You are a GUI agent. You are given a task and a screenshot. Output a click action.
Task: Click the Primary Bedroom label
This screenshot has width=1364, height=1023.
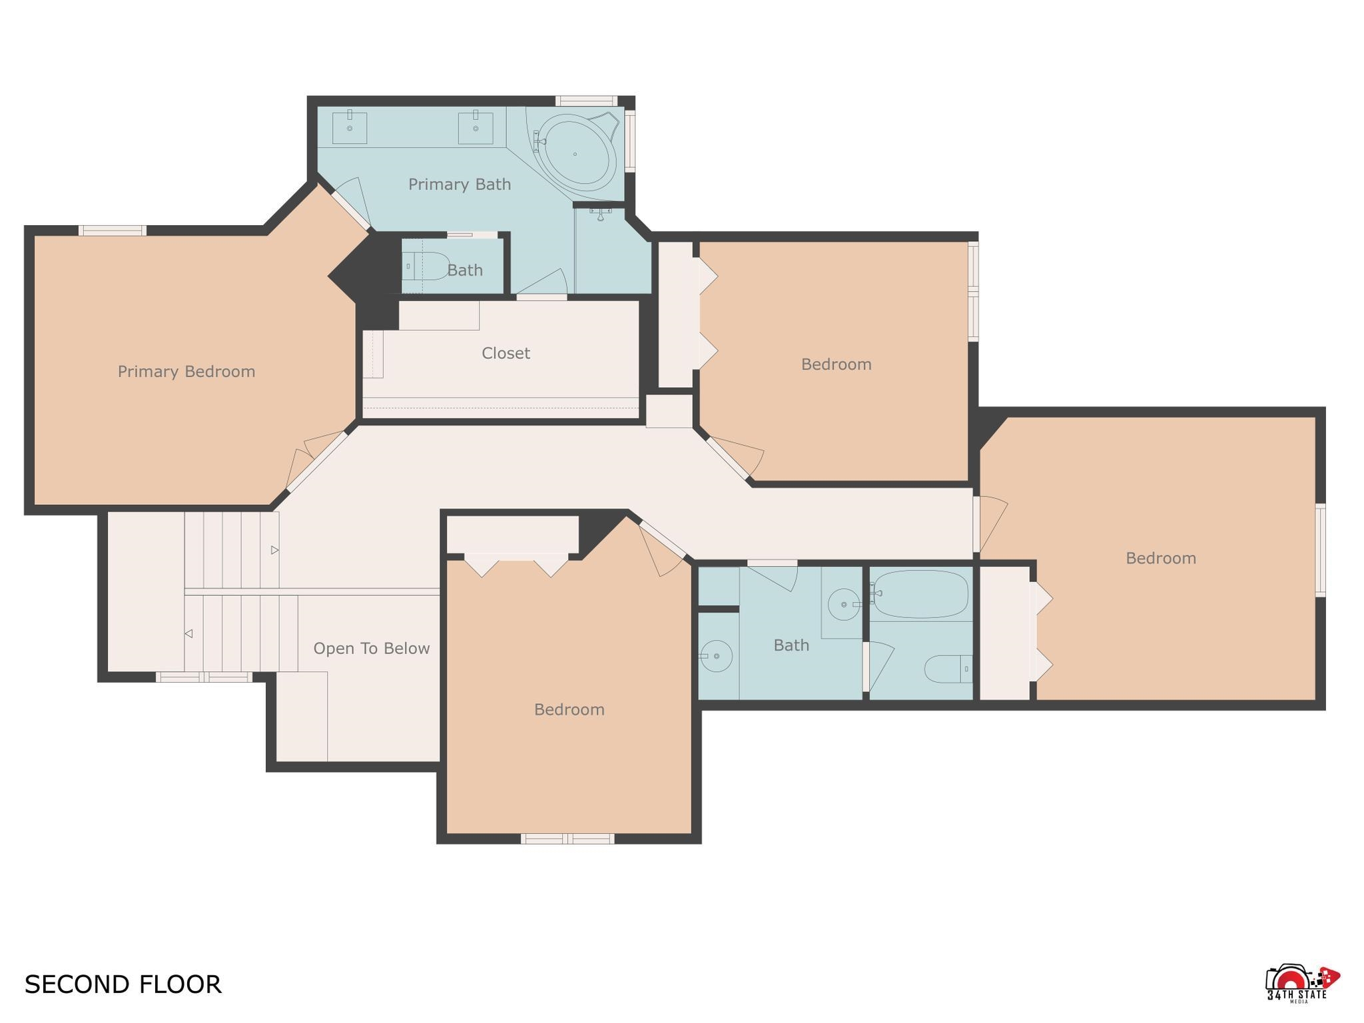(x=186, y=372)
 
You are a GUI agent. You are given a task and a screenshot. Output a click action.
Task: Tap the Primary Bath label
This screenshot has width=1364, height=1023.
(x=460, y=184)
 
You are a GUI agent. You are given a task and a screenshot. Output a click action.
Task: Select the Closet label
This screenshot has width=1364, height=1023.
(x=506, y=353)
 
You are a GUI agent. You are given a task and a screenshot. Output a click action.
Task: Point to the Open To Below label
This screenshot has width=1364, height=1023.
(x=372, y=649)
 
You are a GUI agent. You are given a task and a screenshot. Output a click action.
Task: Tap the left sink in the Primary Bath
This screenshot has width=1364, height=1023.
(x=350, y=127)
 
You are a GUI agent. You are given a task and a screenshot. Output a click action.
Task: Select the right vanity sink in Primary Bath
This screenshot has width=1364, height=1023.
(x=476, y=127)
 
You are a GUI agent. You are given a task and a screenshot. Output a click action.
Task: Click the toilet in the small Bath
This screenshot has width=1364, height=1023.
(x=427, y=266)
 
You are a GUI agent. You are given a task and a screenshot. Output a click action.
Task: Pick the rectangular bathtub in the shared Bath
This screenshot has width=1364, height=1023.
(x=920, y=594)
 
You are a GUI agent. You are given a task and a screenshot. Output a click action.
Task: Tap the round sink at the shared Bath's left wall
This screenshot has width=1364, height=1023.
(x=715, y=657)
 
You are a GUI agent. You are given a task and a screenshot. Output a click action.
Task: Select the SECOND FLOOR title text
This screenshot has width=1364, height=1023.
(x=123, y=984)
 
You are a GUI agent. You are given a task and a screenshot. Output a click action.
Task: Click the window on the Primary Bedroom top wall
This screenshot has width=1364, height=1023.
(x=112, y=230)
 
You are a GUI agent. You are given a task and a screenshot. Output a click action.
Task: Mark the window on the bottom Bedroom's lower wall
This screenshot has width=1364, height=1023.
(x=567, y=839)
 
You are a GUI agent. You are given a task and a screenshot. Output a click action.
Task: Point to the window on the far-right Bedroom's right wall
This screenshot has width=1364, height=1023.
(x=1320, y=550)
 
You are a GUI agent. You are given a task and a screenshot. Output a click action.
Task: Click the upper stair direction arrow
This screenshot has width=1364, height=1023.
(x=274, y=550)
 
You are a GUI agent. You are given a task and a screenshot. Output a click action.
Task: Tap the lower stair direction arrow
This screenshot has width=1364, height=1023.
(x=188, y=633)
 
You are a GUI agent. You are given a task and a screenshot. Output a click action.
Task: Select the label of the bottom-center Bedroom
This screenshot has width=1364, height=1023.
(x=569, y=710)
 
